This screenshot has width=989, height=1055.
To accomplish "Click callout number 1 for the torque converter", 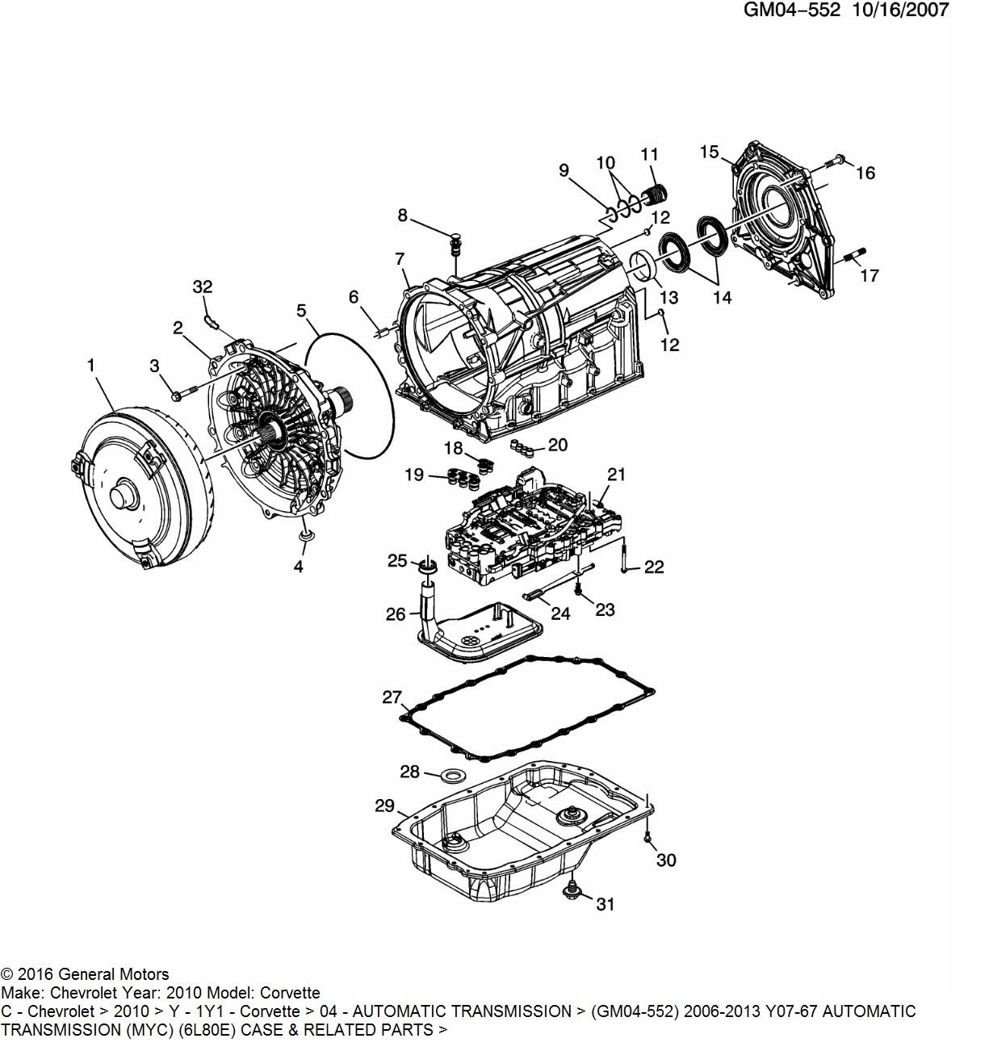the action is pos(91,365).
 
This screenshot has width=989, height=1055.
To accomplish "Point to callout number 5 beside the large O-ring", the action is pos(301,311).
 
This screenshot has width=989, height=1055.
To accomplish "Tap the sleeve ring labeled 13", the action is pos(642,263).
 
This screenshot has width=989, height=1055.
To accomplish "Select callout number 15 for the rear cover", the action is pos(709,152).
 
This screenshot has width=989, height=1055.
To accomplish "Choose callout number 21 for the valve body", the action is pos(617,474).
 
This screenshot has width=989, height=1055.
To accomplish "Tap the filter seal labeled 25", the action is pos(428,565).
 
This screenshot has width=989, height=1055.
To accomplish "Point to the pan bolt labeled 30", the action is pos(647,837).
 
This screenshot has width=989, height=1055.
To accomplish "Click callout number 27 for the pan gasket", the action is pos(392,697).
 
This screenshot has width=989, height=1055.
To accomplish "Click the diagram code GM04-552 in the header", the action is pos(791,10).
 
